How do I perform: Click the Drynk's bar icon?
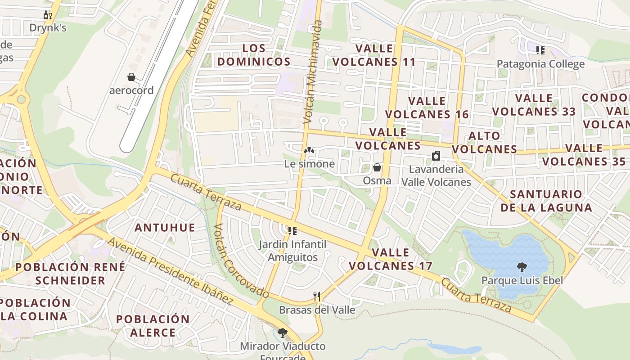click(x=47, y=15)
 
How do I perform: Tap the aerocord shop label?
click(x=131, y=90)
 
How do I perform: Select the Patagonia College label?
click(x=540, y=64)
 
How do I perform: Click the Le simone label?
click(x=309, y=164)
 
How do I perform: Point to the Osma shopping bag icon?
click(x=377, y=168)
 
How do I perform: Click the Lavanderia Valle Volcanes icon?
click(x=436, y=156)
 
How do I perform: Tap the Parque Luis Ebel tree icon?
click(x=522, y=267)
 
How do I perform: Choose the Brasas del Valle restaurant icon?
click(x=317, y=296)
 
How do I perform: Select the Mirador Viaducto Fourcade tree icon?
click(x=283, y=333)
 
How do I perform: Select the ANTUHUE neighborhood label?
click(x=165, y=228)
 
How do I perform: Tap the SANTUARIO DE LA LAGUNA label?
click(x=546, y=201)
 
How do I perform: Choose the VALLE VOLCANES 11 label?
click(x=374, y=55)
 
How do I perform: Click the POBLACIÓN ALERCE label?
click(x=153, y=326)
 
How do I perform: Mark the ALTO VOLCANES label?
click(x=484, y=142)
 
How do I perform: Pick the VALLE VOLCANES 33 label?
click(x=534, y=104)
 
